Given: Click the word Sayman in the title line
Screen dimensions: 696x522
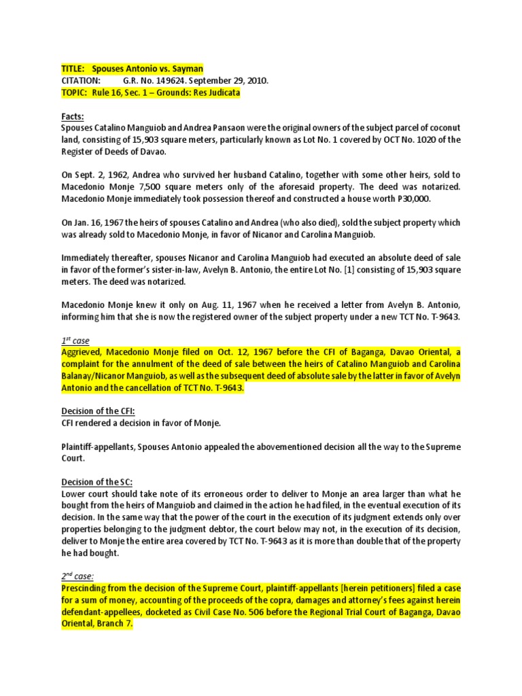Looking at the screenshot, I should (185, 69).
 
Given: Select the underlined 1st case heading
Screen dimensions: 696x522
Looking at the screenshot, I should (75, 340).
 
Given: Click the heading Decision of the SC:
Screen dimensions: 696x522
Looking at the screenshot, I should (95, 482).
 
